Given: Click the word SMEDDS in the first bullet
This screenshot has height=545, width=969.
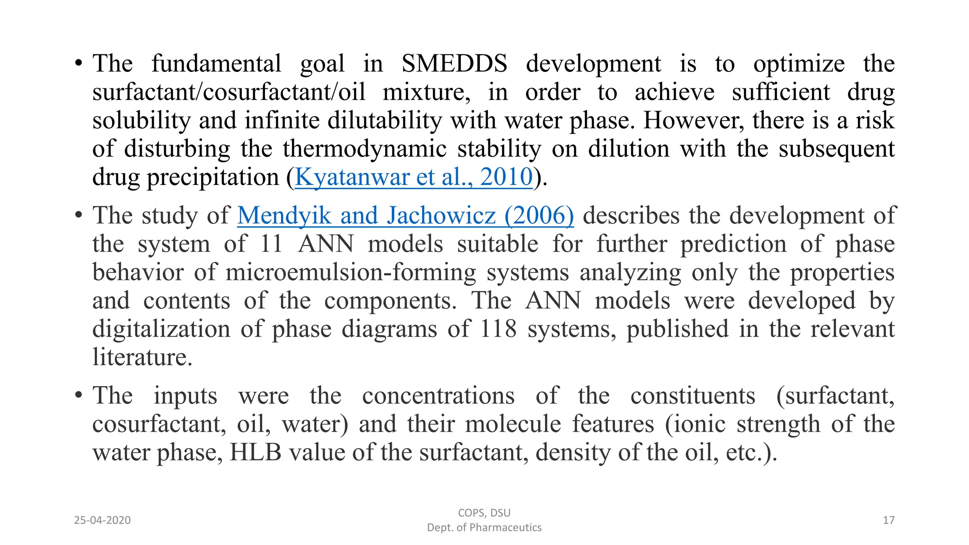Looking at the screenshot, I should tap(454, 64).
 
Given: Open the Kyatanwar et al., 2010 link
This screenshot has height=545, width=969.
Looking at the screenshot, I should tap(414, 177).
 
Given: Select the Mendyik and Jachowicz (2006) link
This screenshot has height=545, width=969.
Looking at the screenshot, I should tap(405, 216).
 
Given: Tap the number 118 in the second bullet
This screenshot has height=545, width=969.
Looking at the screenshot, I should tap(498, 329).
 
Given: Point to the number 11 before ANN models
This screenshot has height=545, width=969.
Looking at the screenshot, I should tap(271, 244).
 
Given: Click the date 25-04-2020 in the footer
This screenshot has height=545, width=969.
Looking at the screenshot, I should tap(102, 520).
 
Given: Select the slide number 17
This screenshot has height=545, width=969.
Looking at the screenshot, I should tap(889, 520).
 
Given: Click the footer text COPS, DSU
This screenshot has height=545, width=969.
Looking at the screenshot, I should tap(484, 513).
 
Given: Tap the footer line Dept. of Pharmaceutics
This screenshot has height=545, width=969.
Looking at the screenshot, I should tap(484, 527).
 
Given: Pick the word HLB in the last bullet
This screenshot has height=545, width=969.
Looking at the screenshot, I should tap(255, 452).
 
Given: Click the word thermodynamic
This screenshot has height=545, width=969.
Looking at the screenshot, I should tap(364, 149).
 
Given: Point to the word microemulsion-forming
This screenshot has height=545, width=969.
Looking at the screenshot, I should tap(351, 272).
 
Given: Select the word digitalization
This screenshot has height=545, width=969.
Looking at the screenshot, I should tap(161, 329).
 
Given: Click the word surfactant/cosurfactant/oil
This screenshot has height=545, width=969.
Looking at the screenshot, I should tap(229, 92).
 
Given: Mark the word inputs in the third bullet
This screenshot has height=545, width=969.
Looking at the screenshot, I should tap(185, 396).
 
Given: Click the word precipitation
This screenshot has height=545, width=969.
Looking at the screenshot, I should tap(213, 177).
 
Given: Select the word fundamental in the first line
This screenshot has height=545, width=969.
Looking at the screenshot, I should tap(216, 64).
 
